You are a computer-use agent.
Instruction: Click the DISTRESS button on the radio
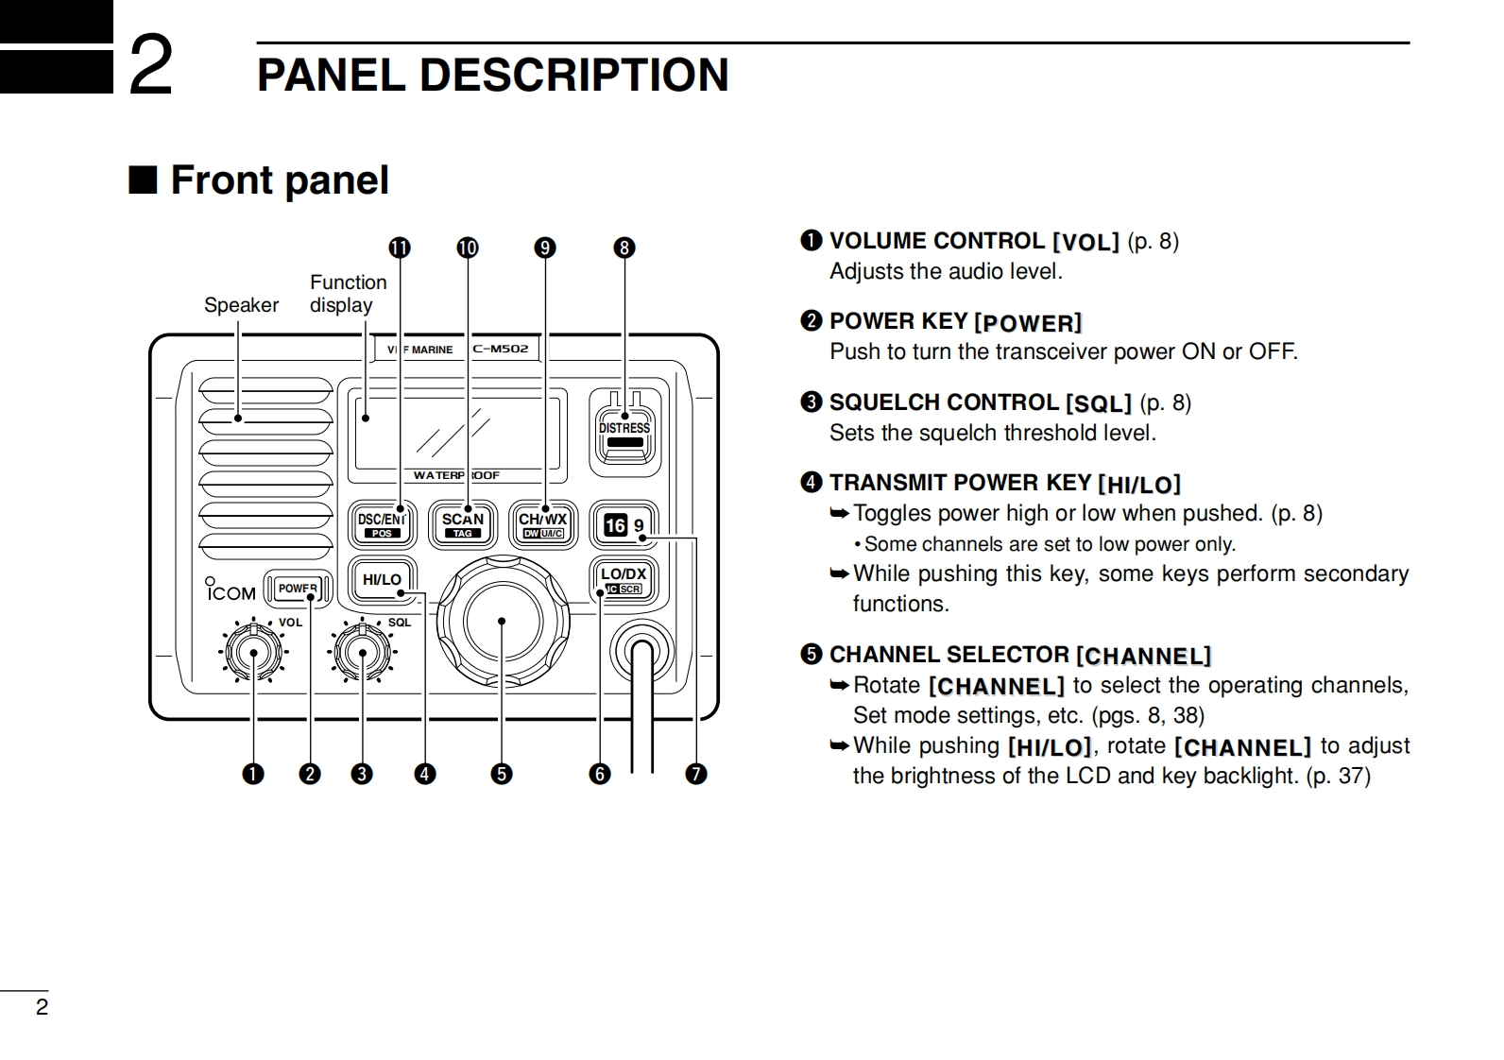tap(624, 432)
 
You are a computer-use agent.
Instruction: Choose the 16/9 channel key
tap(624, 525)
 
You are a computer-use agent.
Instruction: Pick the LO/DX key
tap(624, 579)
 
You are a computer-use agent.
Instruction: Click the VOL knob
tap(253, 653)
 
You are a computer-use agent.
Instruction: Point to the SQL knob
tap(364, 653)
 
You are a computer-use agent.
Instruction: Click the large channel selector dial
tap(502, 622)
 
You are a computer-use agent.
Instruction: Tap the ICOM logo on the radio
tap(231, 592)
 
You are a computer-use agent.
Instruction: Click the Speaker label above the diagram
tap(241, 305)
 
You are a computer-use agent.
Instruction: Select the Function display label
tap(347, 294)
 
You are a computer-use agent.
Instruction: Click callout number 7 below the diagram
tap(696, 775)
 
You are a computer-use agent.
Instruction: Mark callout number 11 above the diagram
tap(400, 248)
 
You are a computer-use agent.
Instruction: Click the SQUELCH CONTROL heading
tap(943, 402)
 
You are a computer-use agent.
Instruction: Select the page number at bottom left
tap(42, 1007)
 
